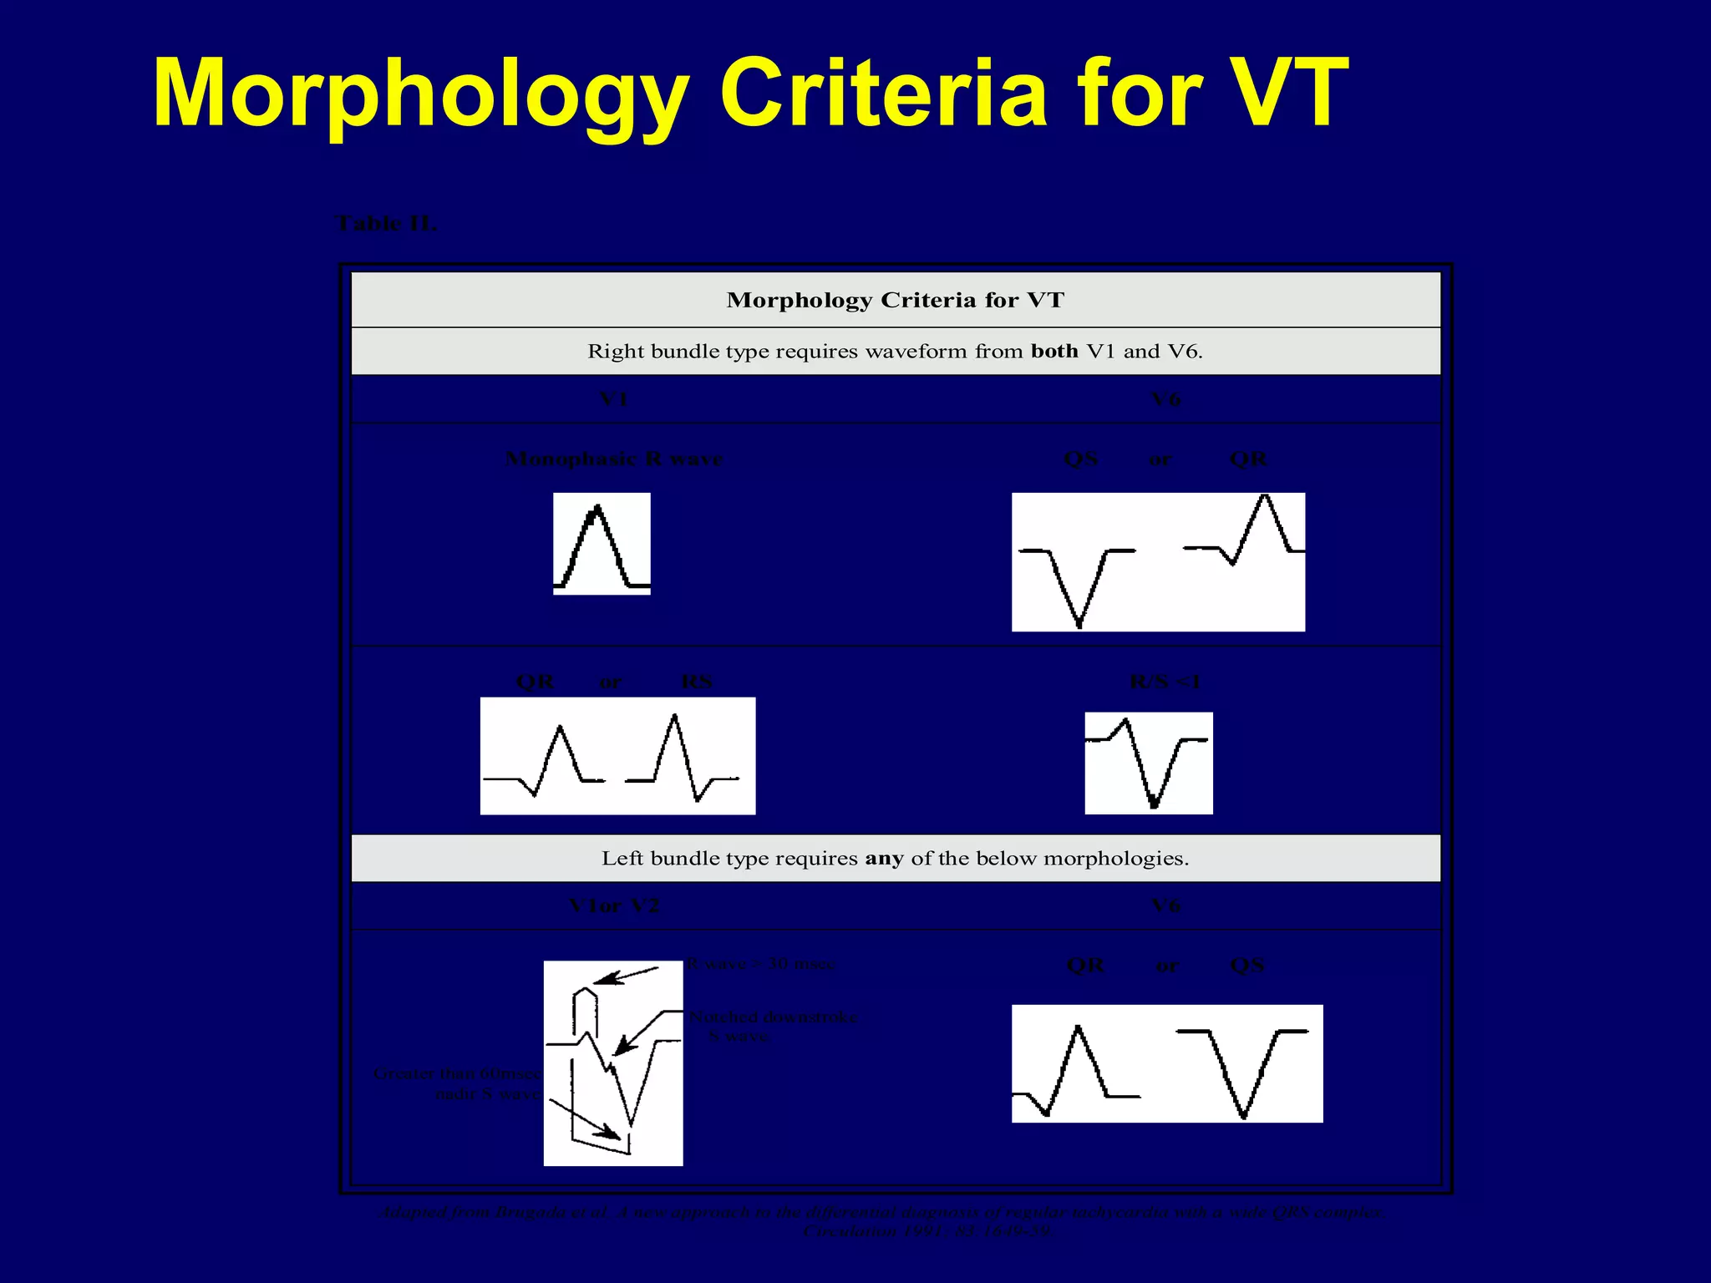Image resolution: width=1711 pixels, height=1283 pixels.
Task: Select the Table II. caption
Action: [385, 224]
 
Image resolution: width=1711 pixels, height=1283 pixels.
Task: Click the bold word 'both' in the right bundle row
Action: [1054, 352]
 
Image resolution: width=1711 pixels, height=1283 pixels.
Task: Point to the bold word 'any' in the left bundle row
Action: [884, 859]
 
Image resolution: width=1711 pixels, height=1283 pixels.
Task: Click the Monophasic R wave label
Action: [613, 459]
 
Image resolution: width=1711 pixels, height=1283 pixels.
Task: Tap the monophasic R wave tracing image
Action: [602, 544]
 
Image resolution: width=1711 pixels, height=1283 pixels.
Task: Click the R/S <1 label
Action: [1165, 682]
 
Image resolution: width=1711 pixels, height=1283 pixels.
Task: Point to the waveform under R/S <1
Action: [1149, 763]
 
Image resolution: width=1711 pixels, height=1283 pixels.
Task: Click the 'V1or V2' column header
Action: [613, 906]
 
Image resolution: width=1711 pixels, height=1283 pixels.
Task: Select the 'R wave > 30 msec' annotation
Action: [760, 964]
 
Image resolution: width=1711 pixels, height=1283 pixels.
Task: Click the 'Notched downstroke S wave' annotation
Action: [772, 1027]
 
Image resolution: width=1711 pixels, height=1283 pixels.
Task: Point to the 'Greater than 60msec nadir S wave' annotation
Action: [457, 1084]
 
